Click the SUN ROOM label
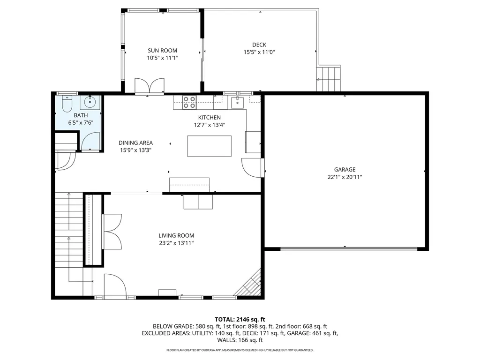coord(163,51)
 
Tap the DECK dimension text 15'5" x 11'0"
coord(259,52)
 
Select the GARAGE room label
coord(345,170)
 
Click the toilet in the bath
coord(67,102)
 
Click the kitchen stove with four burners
coord(189,102)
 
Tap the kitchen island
coord(209,146)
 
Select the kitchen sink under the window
coord(238,102)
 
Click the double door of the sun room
coord(150,86)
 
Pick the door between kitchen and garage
coord(253,168)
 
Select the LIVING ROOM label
coord(176,236)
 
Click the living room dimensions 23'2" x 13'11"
coord(176,243)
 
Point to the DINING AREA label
coord(135,143)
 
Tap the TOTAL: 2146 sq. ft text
coord(240,319)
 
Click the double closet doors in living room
coord(112,232)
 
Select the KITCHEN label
coord(209,118)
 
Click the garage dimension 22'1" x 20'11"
coord(345,177)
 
